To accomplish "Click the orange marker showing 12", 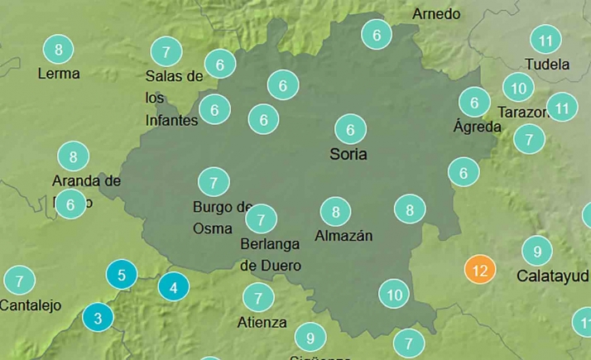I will click(x=480, y=270).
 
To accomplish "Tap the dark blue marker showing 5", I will click(x=122, y=274).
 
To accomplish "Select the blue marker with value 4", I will click(x=173, y=288).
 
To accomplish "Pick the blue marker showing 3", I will click(x=98, y=316).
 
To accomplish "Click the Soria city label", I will click(x=348, y=154).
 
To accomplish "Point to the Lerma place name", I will click(x=59, y=73).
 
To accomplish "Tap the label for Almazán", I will click(x=344, y=236).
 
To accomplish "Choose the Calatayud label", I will click(x=551, y=275).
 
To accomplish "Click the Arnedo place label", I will click(x=436, y=14).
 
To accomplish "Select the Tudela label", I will click(x=547, y=64).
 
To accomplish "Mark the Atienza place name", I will click(x=262, y=322).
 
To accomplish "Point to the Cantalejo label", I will click(x=31, y=305).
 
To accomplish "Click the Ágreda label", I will click(x=478, y=127).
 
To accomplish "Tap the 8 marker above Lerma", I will click(x=58, y=50).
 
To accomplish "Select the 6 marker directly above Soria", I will click(x=350, y=129).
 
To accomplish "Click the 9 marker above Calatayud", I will click(x=536, y=251).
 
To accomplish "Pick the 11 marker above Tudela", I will click(x=545, y=40).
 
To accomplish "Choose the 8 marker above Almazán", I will click(x=335, y=213).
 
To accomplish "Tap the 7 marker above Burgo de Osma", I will click(x=214, y=182).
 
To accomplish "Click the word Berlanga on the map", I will click(x=271, y=244).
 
